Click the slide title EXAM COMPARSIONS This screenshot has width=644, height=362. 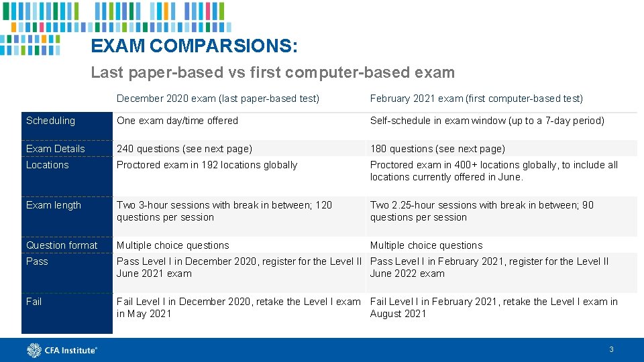coord(195,46)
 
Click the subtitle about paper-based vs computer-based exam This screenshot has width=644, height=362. coord(272,72)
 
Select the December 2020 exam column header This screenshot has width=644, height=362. coord(217,99)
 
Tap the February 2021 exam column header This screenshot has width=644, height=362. coord(476,99)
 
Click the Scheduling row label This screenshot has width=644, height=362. coord(50,121)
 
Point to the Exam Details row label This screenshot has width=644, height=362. coord(55,149)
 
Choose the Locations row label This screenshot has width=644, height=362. coord(47,165)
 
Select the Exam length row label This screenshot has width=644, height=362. coord(53,205)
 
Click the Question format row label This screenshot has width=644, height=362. coord(62,245)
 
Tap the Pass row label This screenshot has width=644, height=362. coord(37,261)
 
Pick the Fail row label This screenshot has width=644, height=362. coord(34,302)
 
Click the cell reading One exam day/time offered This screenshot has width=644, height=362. coord(178,121)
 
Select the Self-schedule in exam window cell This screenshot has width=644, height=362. coord(487,121)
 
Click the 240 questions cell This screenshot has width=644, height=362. coord(184,149)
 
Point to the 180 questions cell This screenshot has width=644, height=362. coord(437,149)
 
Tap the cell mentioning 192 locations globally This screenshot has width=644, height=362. coord(207,165)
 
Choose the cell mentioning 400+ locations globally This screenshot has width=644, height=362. coord(494,171)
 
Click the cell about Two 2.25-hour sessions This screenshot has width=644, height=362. coord(482,211)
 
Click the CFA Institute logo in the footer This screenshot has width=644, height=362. coord(62,350)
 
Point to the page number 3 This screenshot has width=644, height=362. coord(611,349)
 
